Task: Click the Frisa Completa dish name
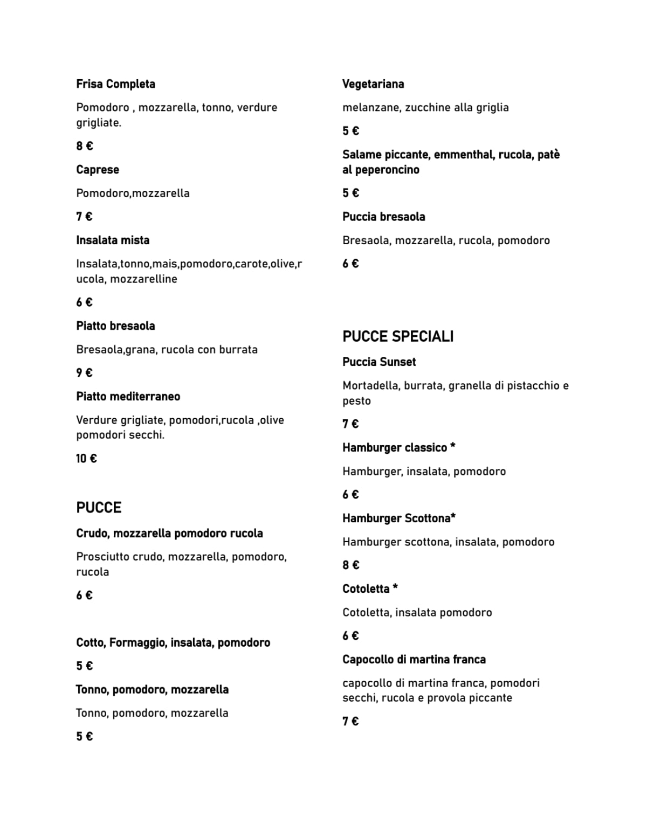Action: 115,84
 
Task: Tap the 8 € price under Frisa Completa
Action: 84,146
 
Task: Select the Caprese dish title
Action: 98,170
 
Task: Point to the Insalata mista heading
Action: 113,240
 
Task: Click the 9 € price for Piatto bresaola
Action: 84,373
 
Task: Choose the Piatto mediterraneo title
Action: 128,397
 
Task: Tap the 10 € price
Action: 86,459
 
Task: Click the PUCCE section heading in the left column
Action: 99,508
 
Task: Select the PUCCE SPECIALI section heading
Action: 398,336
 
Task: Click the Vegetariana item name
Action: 373,84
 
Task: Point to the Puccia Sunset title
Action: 379,362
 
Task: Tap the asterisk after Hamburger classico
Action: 453,446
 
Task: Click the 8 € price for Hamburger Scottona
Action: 350,565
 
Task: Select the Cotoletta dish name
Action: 366,589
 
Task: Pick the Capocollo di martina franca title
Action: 414,660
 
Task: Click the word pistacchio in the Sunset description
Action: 533,386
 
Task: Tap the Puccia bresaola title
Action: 383,217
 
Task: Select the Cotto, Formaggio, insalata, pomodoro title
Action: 173,642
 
